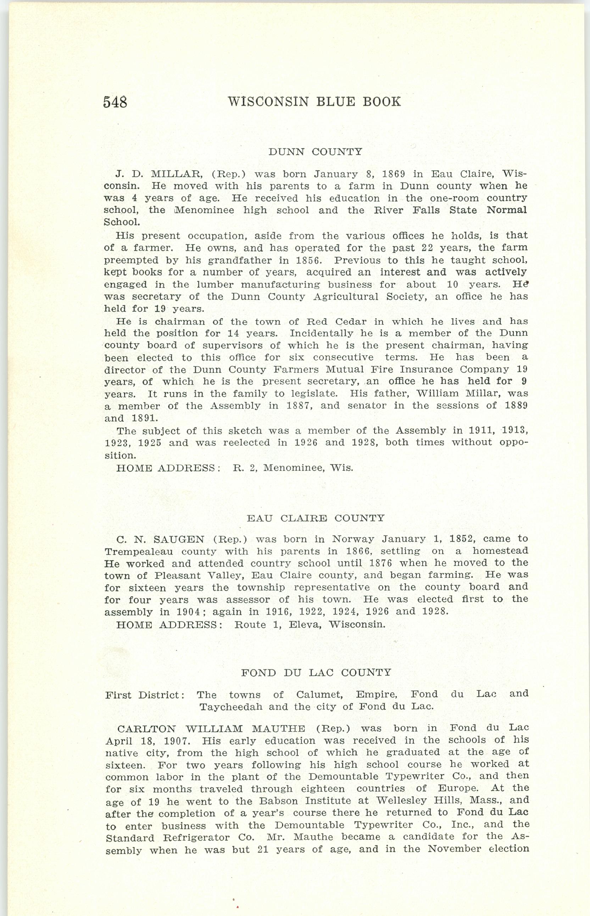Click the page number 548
click(115, 102)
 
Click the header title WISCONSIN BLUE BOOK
click(314, 102)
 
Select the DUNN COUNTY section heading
click(315, 152)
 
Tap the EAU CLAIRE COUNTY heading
click(315, 519)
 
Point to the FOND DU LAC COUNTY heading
click(316, 672)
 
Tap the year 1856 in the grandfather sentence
click(308, 260)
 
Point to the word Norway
click(353, 539)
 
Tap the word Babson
click(277, 801)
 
